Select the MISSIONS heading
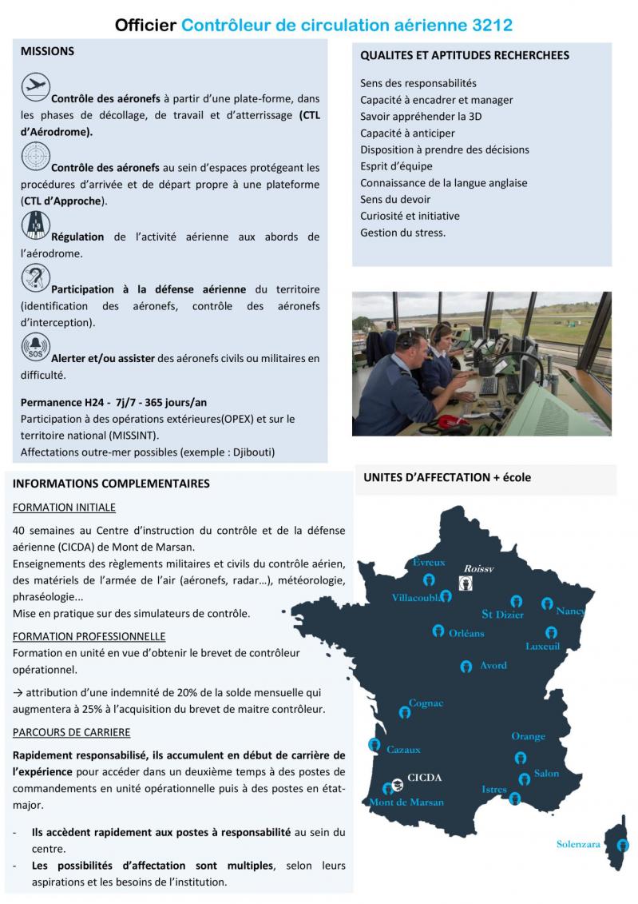pyautogui.click(x=47, y=51)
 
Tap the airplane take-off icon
pyautogui.click(x=35, y=86)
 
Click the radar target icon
pyautogui.click(x=35, y=155)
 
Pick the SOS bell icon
pyautogui.click(x=35, y=348)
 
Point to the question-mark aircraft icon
pyautogui.click(x=35, y=279)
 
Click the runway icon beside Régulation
pyautogui.click(x=35, y=225)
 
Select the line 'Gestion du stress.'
pyautogui.click(x=402, y=233)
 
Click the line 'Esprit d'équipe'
pyautogui.click(x=396, y=166)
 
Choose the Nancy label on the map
pyautogui.click(x=570, y=611)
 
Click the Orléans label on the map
pyautogui.click(x=466, y=633)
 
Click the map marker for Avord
pyautogui.click(x=466, y=667)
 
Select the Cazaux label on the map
pyautogui.click(x=403, y=750)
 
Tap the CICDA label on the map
pyautogui.click(x=424, y=777)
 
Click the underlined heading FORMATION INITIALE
pyautogui.click(x=64, y=508)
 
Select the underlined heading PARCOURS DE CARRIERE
pyautogui.click(x=72, y=732)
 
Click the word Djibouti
pyautogui.click(x=251, y=452)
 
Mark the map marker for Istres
pyautogui.click(x=516, y=798)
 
